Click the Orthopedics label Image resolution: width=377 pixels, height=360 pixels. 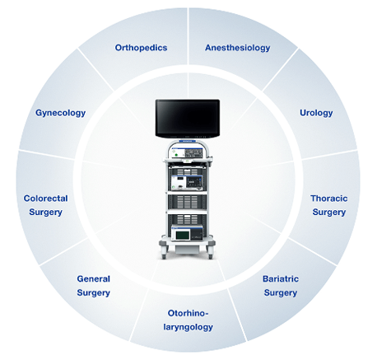pos(141,48)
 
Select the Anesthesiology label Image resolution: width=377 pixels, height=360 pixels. pos(238,48)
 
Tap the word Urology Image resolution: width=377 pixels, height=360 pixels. pos(316,113)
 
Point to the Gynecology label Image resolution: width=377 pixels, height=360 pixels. pos(60,113)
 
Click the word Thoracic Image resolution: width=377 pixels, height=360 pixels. pos(329,199)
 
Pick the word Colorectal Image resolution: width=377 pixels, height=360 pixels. pos(45,199)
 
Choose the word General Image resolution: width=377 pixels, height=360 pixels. pos(93,278)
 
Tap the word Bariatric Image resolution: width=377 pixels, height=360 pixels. pos(281,278)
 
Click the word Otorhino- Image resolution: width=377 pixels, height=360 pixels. pos(188,313)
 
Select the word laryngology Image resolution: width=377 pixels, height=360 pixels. pos(188,327)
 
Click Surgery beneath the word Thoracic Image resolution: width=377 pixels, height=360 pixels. pos(329,213)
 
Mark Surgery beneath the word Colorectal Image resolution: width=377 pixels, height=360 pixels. pos(45,213)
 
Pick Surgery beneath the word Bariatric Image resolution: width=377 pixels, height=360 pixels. pos(281,293)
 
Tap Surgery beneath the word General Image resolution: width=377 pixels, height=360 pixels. pos(93,293)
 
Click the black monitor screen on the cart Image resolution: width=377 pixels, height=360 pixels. pos(188,119)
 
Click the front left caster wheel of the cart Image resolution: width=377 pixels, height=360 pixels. pos(164,256)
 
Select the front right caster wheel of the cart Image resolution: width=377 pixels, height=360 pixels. pos(211,256)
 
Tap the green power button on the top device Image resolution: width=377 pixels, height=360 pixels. pos(174,155)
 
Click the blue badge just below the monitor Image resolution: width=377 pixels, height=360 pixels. pos(188,141)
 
